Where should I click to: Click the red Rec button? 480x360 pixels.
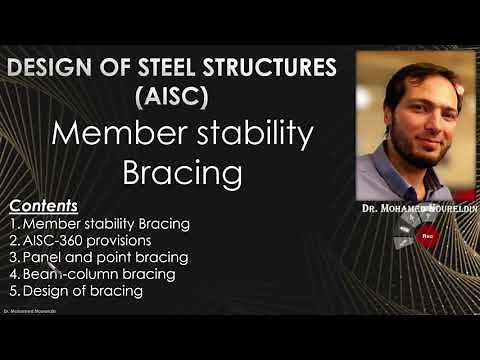(426, 237)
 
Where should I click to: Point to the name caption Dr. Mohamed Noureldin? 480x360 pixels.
(416, 212)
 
